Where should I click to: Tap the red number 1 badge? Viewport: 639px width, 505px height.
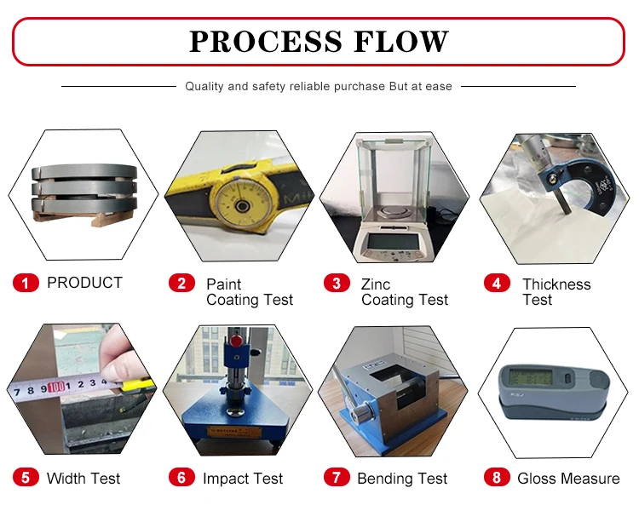(x=26, y=283)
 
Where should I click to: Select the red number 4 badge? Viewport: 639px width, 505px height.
(x=497, y=284)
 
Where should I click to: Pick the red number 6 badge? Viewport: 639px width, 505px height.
(x=181, y=478)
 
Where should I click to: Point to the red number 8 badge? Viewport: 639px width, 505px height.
(x=497, y=478)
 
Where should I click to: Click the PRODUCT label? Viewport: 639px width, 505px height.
(x=84, y=283)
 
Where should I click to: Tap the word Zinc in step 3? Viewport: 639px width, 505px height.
(x=376, y=284)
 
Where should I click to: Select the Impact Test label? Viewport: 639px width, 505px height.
(x=243, y=479)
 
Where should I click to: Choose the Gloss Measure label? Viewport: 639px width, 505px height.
(x=568, y=479)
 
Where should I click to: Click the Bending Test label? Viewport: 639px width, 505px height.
(x=402, y=479)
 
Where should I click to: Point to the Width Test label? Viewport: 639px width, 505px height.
(x=83, y=479)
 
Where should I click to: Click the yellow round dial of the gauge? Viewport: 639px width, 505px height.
(x=239, y=205)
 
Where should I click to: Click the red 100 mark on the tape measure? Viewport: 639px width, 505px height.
(x=57, y=387)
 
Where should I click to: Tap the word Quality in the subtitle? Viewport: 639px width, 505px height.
(x=204, y=86)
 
